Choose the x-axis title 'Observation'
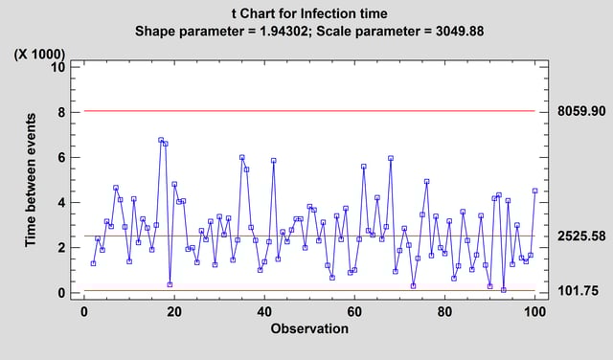pyautogui.click(x=308, y=328)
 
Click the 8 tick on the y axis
pyautogui.click(x=60, y=112)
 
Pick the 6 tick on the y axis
pyautogui.click(x=60, y=157)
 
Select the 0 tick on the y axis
pyautogui.click(x=60, y=293)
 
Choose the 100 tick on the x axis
pyautogui.click(x=534, y=313)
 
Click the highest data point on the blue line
pyautogui.click(x=161, y=140)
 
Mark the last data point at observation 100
pyautogui.click(x=534, y=191)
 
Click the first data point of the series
pyautogui.click(x=93, y=263)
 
